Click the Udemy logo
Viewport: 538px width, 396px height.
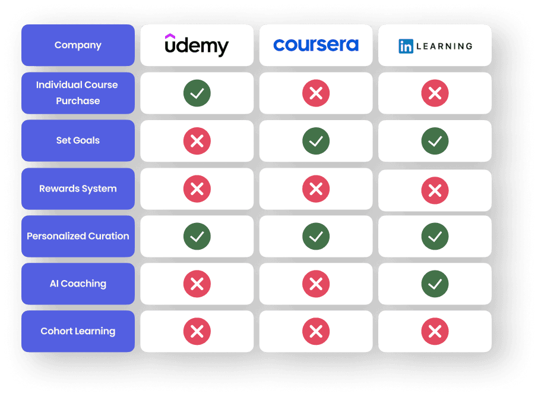pyautogui.click(x=197, y=45)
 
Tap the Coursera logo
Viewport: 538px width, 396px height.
pyautogui.click(x=316, y=45)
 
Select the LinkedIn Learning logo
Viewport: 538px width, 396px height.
pyautogui.click(x=435, y=46)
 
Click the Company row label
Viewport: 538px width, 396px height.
pyautogui.click(x=78, y=45)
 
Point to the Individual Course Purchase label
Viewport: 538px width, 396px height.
pyautogui.click(x=78, y=93)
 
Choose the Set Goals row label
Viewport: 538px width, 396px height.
pyautogui.click(x=78, y=140)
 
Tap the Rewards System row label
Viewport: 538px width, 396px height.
pyautogui.click(x=78, y=188)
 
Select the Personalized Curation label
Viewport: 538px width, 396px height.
pyautogui.click(x=78, y=236)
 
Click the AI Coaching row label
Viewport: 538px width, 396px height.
pyautogui.click(x=78, y=284)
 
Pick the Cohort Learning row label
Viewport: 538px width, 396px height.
pyautogui.click(x=78, y=331)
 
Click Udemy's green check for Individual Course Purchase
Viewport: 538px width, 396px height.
pyautogui.click(x=197, y=93)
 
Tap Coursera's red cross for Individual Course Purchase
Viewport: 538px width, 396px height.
pyautogui.click(x=316, y=93)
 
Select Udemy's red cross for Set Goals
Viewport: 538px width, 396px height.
pyautogui.click(x=197, y=141)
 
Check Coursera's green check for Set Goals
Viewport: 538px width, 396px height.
pyautogui.click(x=316, y=141)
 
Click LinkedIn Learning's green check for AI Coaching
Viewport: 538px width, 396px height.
pyautogui.click(x=435, y=284)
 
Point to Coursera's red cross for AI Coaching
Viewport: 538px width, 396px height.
pyautogui.click(x=316, y=284)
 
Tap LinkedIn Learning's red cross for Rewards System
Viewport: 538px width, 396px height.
pyautogui.click(x=435, y=190)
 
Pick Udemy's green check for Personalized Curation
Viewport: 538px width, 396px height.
pyautogui.click(x=197, y=237)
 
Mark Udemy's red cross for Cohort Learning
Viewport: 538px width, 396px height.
pyautogui.click(x=197, y=332)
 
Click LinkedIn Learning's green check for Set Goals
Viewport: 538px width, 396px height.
pyautogui.click(x=435, y=141)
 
